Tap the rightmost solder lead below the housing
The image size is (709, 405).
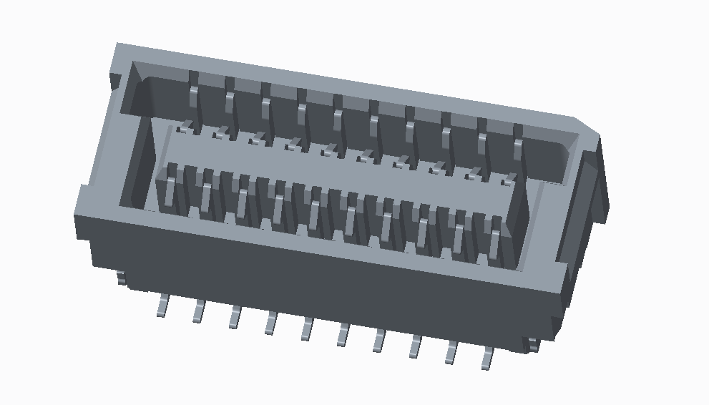coord(488,358)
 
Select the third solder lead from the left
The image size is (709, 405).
coord(235,317)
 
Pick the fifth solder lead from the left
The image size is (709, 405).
coord(307,328)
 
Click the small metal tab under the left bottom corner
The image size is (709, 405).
coord(122,278)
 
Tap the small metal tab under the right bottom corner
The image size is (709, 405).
coord(532,344)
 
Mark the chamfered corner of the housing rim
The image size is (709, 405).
coord(587,126)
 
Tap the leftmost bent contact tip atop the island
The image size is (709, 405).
coord(186,128)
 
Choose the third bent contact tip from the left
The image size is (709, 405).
coord(256,140)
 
